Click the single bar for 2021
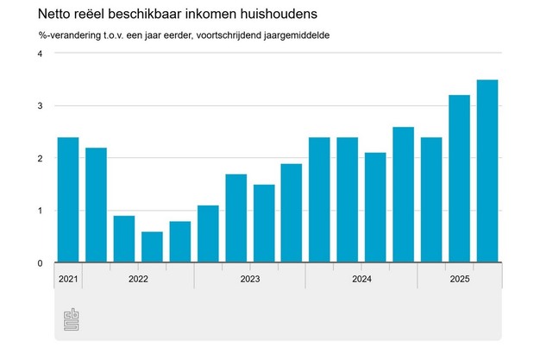(68, 199)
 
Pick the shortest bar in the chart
(152, 247)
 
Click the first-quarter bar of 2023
(208, 233)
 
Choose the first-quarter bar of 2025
(430, 199)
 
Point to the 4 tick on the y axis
(39, 54)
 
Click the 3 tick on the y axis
(39, 106)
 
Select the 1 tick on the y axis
(39, 211)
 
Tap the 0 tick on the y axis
(39, 263)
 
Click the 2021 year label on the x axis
(68, 279)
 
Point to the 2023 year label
(250, 279)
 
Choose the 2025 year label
(459, 279)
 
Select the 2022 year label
(138, 279)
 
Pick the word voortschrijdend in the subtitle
(220, 35)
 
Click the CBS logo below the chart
(72, 320)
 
